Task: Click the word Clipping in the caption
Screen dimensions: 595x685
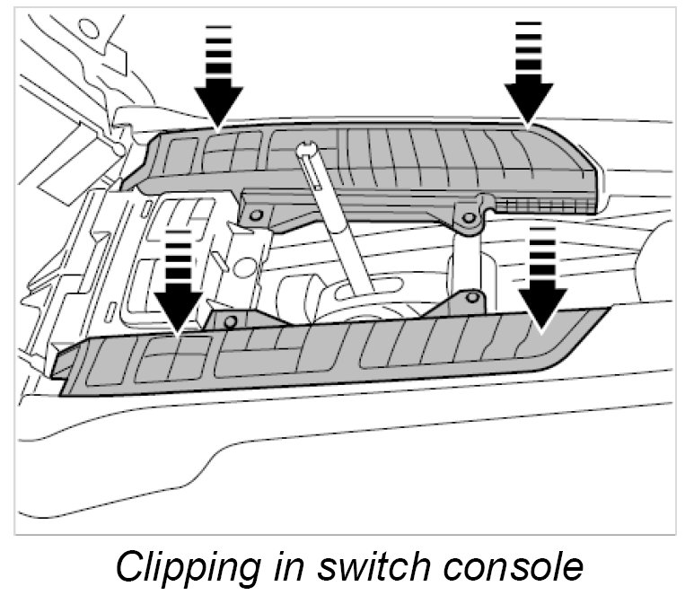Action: click(180, 567)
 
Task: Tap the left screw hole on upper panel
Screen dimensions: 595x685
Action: click(257, 215)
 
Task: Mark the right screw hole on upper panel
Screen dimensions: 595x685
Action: click(467, 216)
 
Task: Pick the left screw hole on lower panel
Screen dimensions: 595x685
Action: click(231, 320)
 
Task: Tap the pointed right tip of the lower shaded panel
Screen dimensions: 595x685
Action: click(603, 310)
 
